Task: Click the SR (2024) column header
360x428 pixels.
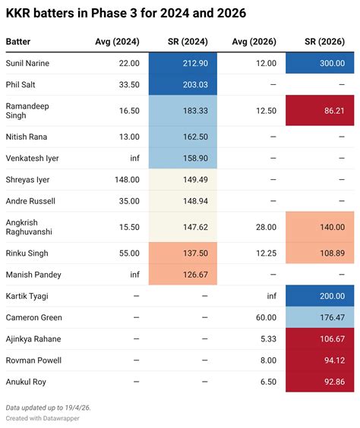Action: [x=188, y=42]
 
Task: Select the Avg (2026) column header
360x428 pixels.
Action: [x=254, y=42]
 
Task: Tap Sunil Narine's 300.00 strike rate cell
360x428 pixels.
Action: [x=320, y=63]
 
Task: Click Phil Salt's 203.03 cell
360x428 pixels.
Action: [x=183, y=84]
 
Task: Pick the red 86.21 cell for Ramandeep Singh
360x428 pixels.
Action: [x=320, y=111]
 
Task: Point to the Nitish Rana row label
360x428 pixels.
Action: [x=27, y=137]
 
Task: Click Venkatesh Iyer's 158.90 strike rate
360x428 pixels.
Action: [x=195, y=158]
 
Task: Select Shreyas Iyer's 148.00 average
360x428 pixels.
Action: [x=127, y=180]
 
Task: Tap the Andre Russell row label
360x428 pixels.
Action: [x=30, y=201]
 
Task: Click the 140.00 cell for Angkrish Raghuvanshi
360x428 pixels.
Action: [x=320, y=227]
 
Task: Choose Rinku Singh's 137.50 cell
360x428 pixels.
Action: [x=183, y=253]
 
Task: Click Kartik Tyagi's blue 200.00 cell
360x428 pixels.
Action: [x=320, y=296]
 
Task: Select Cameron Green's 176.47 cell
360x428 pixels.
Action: [x=320, y=317]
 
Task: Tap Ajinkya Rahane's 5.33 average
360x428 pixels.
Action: [x=268, y=338]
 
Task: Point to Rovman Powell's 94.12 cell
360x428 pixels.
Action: [x=320, y=360]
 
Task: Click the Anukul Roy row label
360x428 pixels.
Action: [x=26, y=382]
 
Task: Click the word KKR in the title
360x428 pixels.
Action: [x=18, y=13]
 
